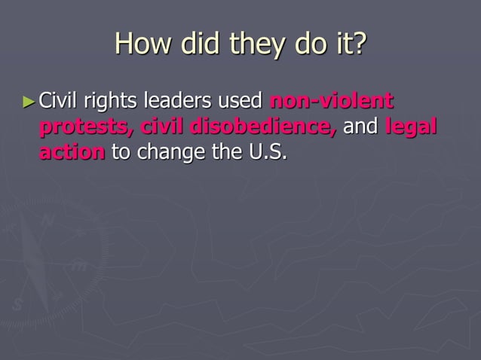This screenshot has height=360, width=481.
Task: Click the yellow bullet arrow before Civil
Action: (29, 101)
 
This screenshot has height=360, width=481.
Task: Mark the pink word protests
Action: (84, 127)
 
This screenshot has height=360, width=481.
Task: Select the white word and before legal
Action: (360, 126)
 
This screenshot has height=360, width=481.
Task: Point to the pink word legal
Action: (411, 127)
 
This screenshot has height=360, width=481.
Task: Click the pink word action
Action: (72, 151)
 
